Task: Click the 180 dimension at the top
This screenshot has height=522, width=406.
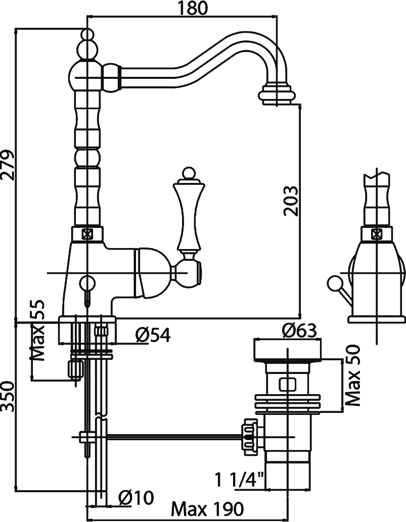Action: [193, 8]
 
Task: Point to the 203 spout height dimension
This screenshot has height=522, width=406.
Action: [290, 201]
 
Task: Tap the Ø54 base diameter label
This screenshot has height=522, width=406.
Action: [153, 335]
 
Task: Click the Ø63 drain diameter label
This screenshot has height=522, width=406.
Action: [299, 331]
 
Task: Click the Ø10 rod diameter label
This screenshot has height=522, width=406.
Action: [136, 498]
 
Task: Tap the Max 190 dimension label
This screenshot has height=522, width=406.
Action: [207, 509]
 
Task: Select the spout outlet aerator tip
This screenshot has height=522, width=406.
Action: [277, 94]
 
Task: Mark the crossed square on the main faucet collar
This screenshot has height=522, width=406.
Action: [87, 234]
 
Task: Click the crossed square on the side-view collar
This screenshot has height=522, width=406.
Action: [377, 234]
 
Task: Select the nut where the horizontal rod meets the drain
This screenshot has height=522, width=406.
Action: [250, 437]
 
